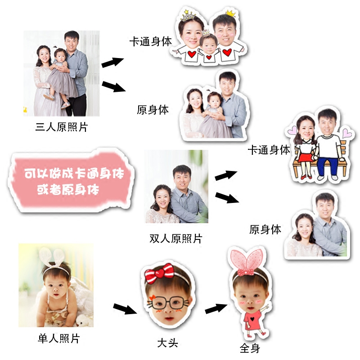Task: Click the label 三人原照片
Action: click(x=61, y=127)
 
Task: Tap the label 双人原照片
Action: click(x=176, y=238)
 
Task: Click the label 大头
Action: click(x=167, y=343)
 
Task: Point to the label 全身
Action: click(x=250, y=349)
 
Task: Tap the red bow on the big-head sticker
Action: click(x=158, y=274)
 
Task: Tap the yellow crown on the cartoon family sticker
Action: click(x=231, y=13)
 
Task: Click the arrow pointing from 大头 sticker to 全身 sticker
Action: click(x=216, y=309)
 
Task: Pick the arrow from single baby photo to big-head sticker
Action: click(x=124, y=309)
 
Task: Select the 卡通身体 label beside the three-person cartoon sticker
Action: click(x=150, y=42)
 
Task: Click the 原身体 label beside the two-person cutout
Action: click(x=265, y=229)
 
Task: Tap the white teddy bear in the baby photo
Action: click(x=82, y=320)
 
